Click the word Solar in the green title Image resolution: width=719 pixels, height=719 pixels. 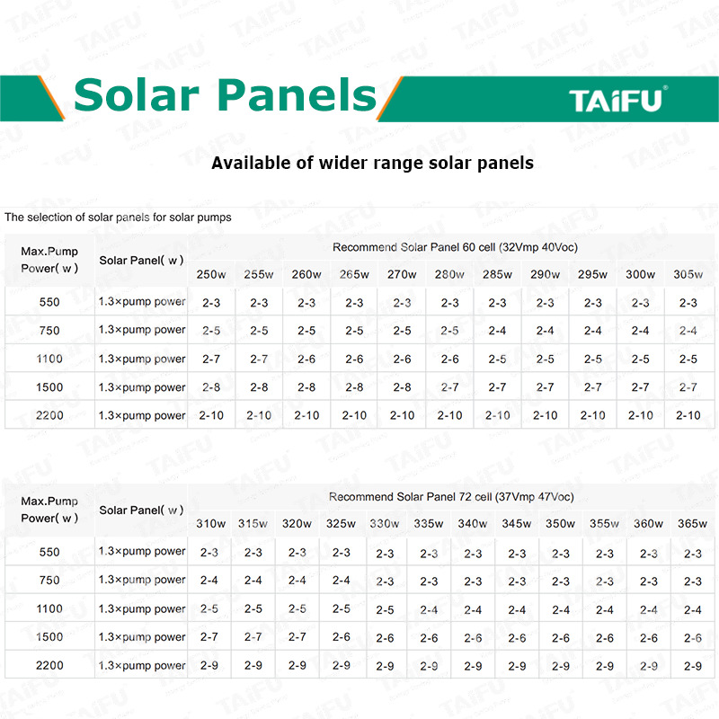click(137, 95)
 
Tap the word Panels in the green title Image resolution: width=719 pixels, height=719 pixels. click(297, 95)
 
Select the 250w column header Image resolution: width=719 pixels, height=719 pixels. click(211, 274)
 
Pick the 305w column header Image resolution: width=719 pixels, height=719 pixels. click(688, 274)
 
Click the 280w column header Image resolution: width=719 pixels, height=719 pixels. click(449, 274)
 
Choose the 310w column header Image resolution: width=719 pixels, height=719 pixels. click(211, 524)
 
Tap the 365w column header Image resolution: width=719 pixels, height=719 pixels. click(692, 524)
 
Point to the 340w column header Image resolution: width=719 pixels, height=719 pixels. click(473, 524)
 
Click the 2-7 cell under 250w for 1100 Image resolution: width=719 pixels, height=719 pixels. click(211, 359)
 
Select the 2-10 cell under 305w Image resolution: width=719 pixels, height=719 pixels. click(688, 415)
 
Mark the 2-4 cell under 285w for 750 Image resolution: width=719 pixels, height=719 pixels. click(497, 331)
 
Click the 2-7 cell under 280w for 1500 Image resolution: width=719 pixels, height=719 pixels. click(449, 387)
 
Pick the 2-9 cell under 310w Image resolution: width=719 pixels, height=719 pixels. click(209, 665)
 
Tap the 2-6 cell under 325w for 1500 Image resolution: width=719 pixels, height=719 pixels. click(342, 637)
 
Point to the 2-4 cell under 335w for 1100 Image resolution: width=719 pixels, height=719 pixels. click(429, 610)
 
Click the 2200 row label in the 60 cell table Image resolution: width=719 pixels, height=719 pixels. click(49, 415)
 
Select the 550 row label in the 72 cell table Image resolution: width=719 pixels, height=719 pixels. click(49, 552)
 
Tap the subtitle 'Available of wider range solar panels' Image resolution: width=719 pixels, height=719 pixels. click(372, 164)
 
